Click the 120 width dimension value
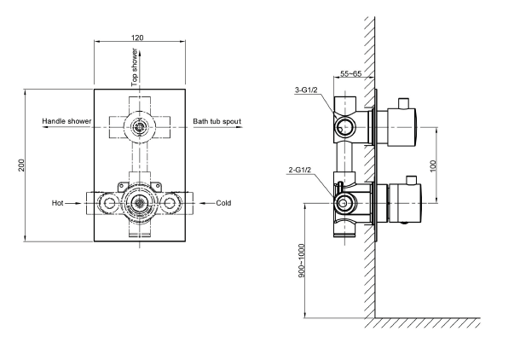[x=137, y=38]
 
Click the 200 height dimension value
[x=21, y=165]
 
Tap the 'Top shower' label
[x=135, y=67]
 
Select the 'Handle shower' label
[x=66, y=121]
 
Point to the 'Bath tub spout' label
[x=217, y=121]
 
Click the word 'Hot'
[x=57, y=203]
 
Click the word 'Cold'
[x=223, y=203]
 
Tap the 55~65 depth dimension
[x=351, y=73]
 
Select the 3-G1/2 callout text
[x=306, y=90]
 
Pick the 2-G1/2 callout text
[x=300, y=170]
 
